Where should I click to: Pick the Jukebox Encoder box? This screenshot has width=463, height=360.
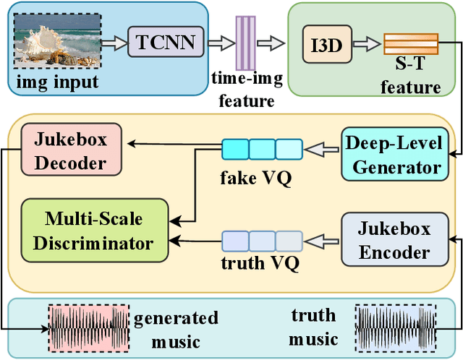(x=394, y=240)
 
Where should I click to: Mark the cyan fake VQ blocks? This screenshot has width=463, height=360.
(x=261, y=150)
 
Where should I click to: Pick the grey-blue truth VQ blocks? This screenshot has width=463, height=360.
(x=261, y=240)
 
